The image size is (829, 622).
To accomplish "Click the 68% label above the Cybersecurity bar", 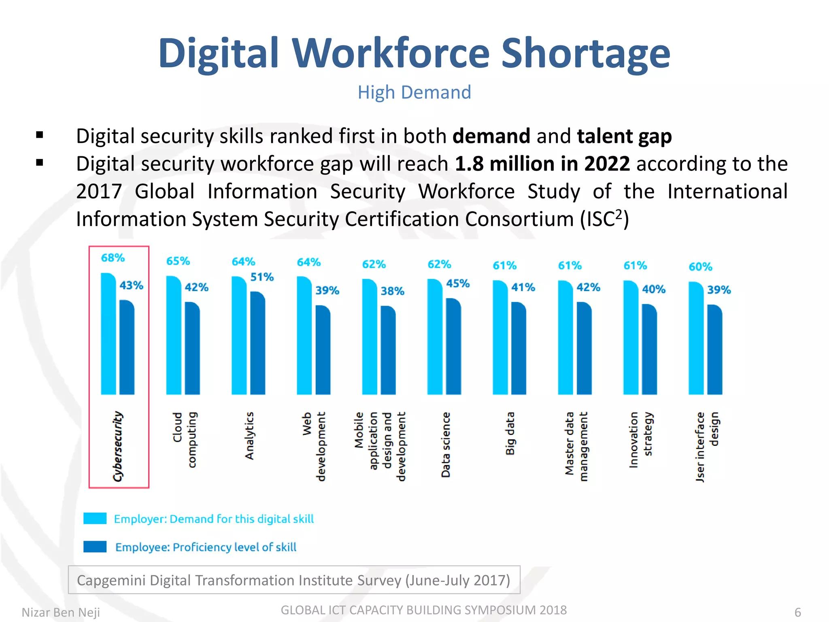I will pyautogui.click(x=113, y=258).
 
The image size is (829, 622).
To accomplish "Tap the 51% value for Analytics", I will pyautogui.click(x=262, y=277).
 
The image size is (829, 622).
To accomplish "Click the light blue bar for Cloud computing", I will pyautogui.click(x=173, y=336).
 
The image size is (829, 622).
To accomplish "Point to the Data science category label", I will pyautogui.click(x=446, y=445).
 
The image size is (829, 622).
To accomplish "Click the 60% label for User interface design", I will pyautogui.click(x=700, y=267).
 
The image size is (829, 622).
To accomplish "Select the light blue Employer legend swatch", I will pyautogui.click(x=95, y=518).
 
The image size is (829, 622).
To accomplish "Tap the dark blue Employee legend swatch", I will pyautogui.click(x=95, y=547).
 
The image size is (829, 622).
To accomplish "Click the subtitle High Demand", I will pyautogui.click(x=414, y=92).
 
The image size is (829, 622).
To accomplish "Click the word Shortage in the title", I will pyautogui.click(x=585, y=53).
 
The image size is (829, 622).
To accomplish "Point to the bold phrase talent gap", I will pyautogui.click(x=624, y=136).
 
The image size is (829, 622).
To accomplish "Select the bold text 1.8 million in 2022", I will pyautogui.click(x=542, y=164).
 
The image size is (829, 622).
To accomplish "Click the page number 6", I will pyautogui.click(x=797, y=612).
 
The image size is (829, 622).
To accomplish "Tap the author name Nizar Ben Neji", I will pyautogui.click(x=61, y=612).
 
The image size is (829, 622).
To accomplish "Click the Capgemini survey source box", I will pyautogui.click(x=294, y=580).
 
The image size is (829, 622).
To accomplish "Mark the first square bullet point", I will pyautogui.click(x=40, y=135).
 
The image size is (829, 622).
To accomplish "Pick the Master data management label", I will pyautogui.click(x=576, y=446).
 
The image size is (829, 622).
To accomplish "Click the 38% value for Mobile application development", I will pyautogui.click(x=392, y=291).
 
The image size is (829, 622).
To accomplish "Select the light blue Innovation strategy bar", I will pyautogui.click(x=630, y=338).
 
